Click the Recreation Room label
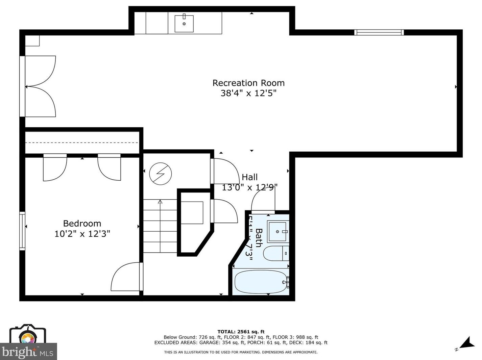coord(248,83)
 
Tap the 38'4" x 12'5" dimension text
coord(248,93)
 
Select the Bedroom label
coord(82,224)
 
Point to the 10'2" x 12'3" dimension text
coord(82,234)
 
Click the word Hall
coord(250,177)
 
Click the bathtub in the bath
coord(260,282)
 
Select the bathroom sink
coord(278,232)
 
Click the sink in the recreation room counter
coord(184,23)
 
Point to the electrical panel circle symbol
coord(161,174)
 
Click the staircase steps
coord(160,226)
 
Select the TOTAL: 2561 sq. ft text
coord(241,332)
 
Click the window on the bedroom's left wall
coord(22,231)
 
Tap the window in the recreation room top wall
coord(379,32)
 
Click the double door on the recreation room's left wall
coord(39,86)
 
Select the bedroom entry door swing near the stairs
coord(126,278)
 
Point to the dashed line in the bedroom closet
coord(82,143)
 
